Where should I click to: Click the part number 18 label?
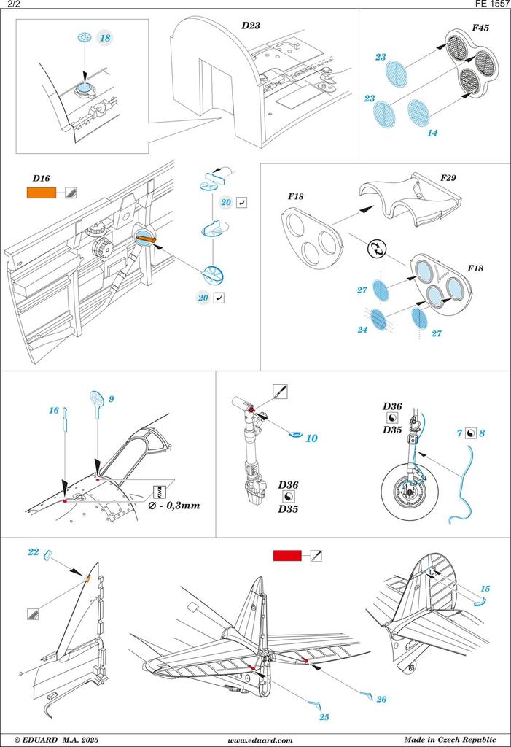[106, 38]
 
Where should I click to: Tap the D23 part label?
[251, 26]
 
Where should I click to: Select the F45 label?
[480, 29]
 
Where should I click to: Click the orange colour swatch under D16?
[41, 193]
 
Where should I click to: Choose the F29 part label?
[448, 177]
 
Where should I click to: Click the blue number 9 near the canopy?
[111, 399]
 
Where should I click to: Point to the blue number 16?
[54, 411]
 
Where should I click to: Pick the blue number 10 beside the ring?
[311, 438]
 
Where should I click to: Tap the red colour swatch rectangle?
[287, 556]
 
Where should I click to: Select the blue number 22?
[34, 552]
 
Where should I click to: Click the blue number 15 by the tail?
[485, 589]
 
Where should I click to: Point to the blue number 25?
[324, 717]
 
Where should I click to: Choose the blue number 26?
[381, 699]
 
